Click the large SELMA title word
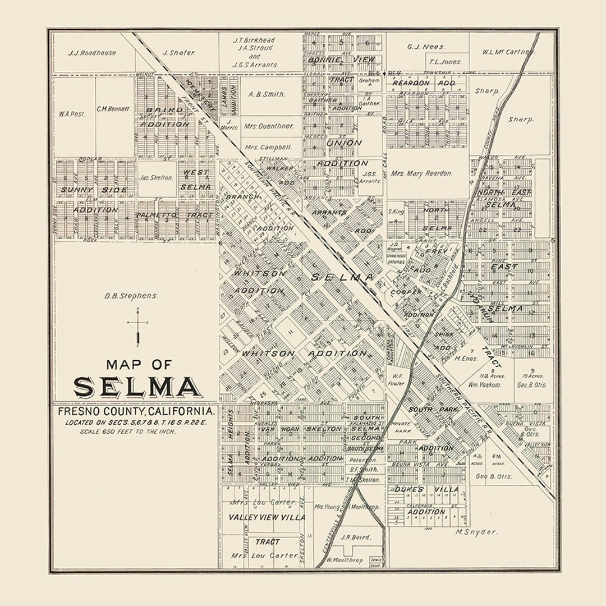[136, 387]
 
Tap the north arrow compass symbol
[137, 330]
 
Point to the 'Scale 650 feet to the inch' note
[120, 431]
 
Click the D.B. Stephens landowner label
[131, 295]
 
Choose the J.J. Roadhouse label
[92, 53]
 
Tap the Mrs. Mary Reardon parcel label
[421, 173]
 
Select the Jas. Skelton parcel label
[157, 177]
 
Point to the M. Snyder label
[476, 531]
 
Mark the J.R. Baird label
[356, 537]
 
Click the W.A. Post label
[71, 113]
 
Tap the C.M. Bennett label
[113, 109]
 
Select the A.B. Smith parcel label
[267, 94]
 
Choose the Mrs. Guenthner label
[269, 126]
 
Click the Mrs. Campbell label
[268, 147]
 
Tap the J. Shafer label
[178, 53]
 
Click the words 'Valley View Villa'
[267, 517]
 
